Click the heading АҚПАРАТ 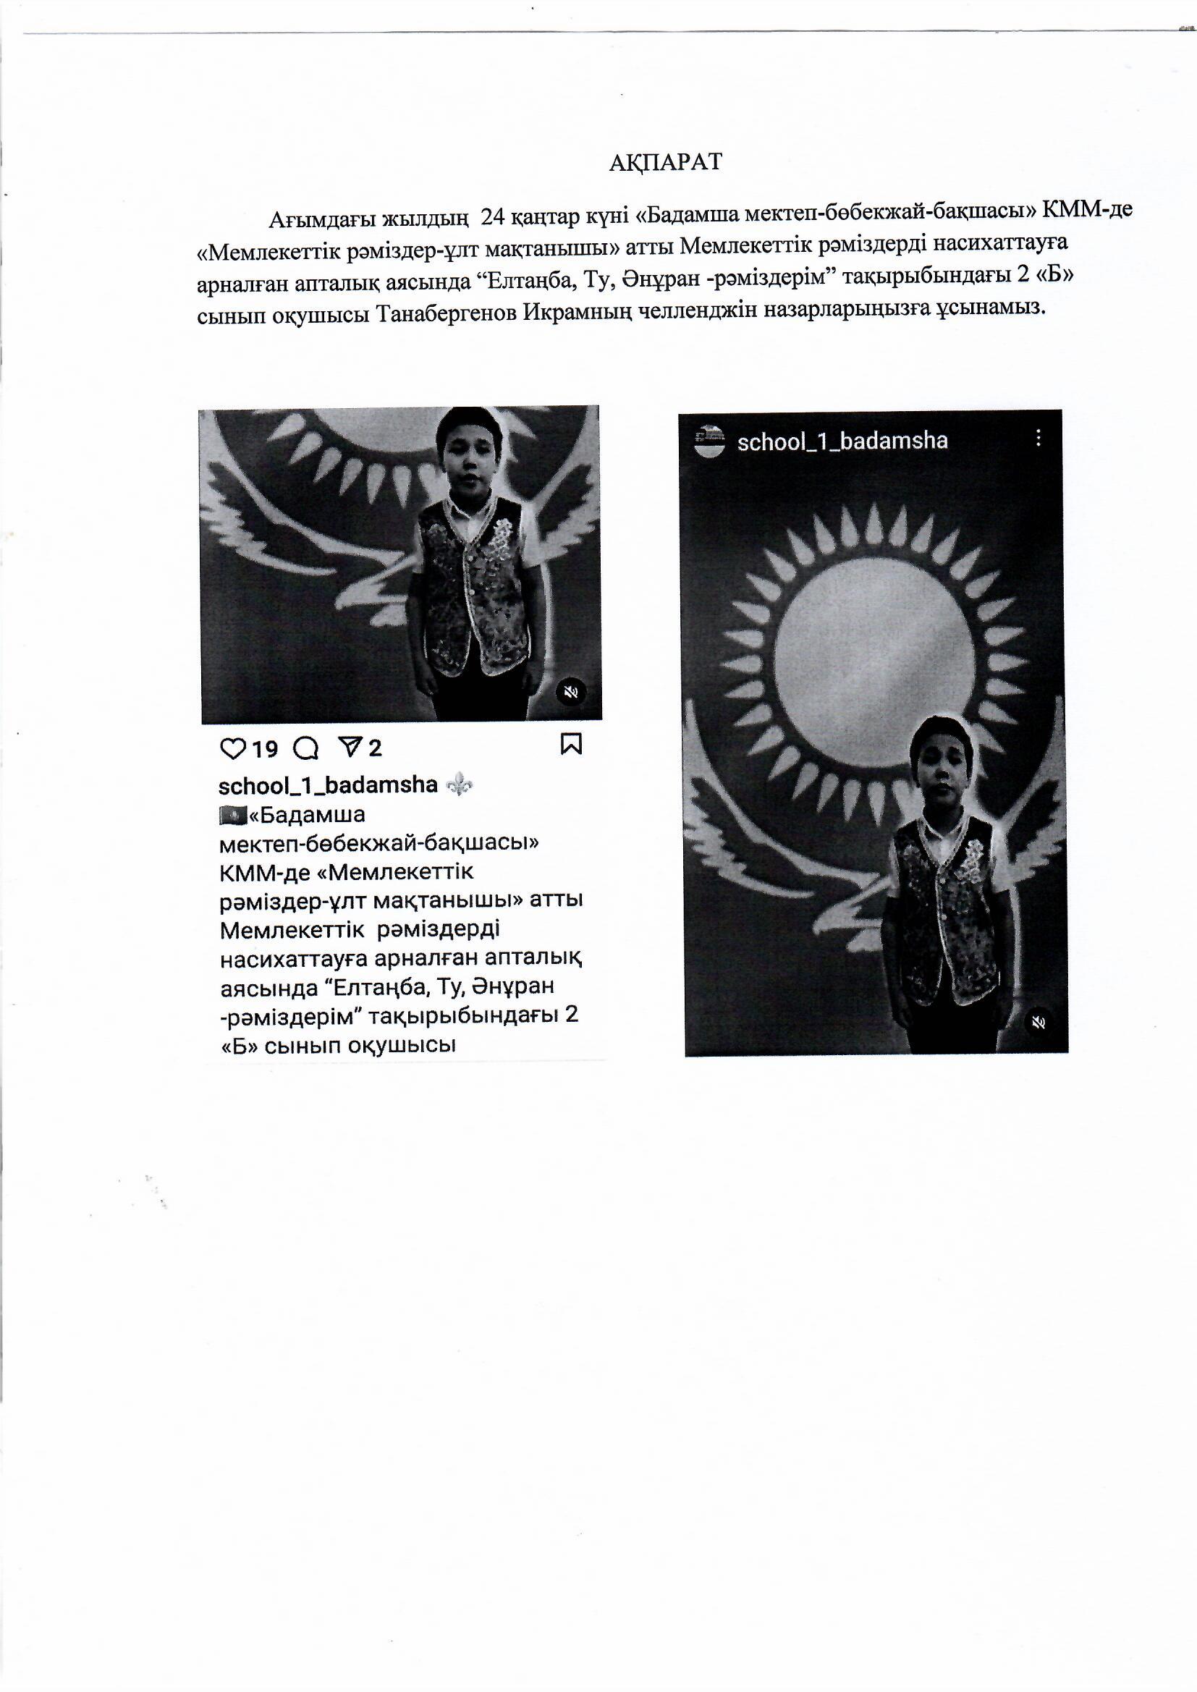[665, 163]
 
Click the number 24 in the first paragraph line [492, 217]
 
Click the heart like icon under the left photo [232, 749]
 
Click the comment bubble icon [306, 749]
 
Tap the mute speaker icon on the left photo [570, 691]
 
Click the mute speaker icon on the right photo [1039, 1023]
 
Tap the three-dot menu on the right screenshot [1038, 439]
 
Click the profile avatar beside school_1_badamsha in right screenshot [709, 441]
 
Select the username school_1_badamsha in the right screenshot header [842, 441]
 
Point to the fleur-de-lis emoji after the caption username [460, 784]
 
